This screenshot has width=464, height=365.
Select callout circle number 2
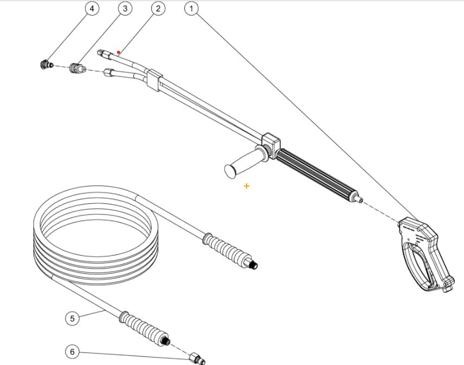[158, 9]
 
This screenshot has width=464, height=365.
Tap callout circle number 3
[125, 9]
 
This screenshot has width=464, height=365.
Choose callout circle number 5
[73, 318]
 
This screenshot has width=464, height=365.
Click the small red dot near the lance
[119, 53]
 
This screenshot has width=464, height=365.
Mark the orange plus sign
[247, 186]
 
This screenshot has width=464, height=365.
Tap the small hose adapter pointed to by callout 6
[197, 358]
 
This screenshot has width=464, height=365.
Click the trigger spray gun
[426, 249]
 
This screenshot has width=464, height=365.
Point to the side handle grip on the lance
[241, 164]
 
